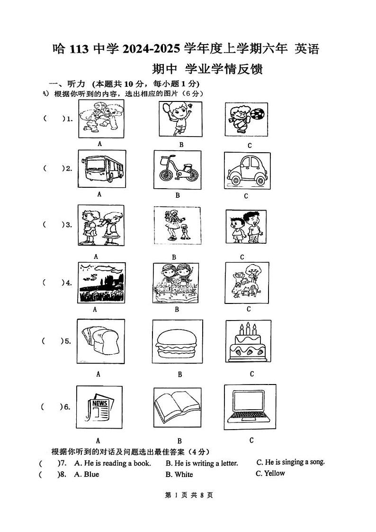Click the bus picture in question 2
tap(101, 169)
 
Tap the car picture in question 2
tap(247, 171)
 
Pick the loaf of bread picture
tap(101, 341)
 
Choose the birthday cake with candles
tap(248, 342)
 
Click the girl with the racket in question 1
tap(179, 118)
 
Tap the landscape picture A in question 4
tap(101, 283)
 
